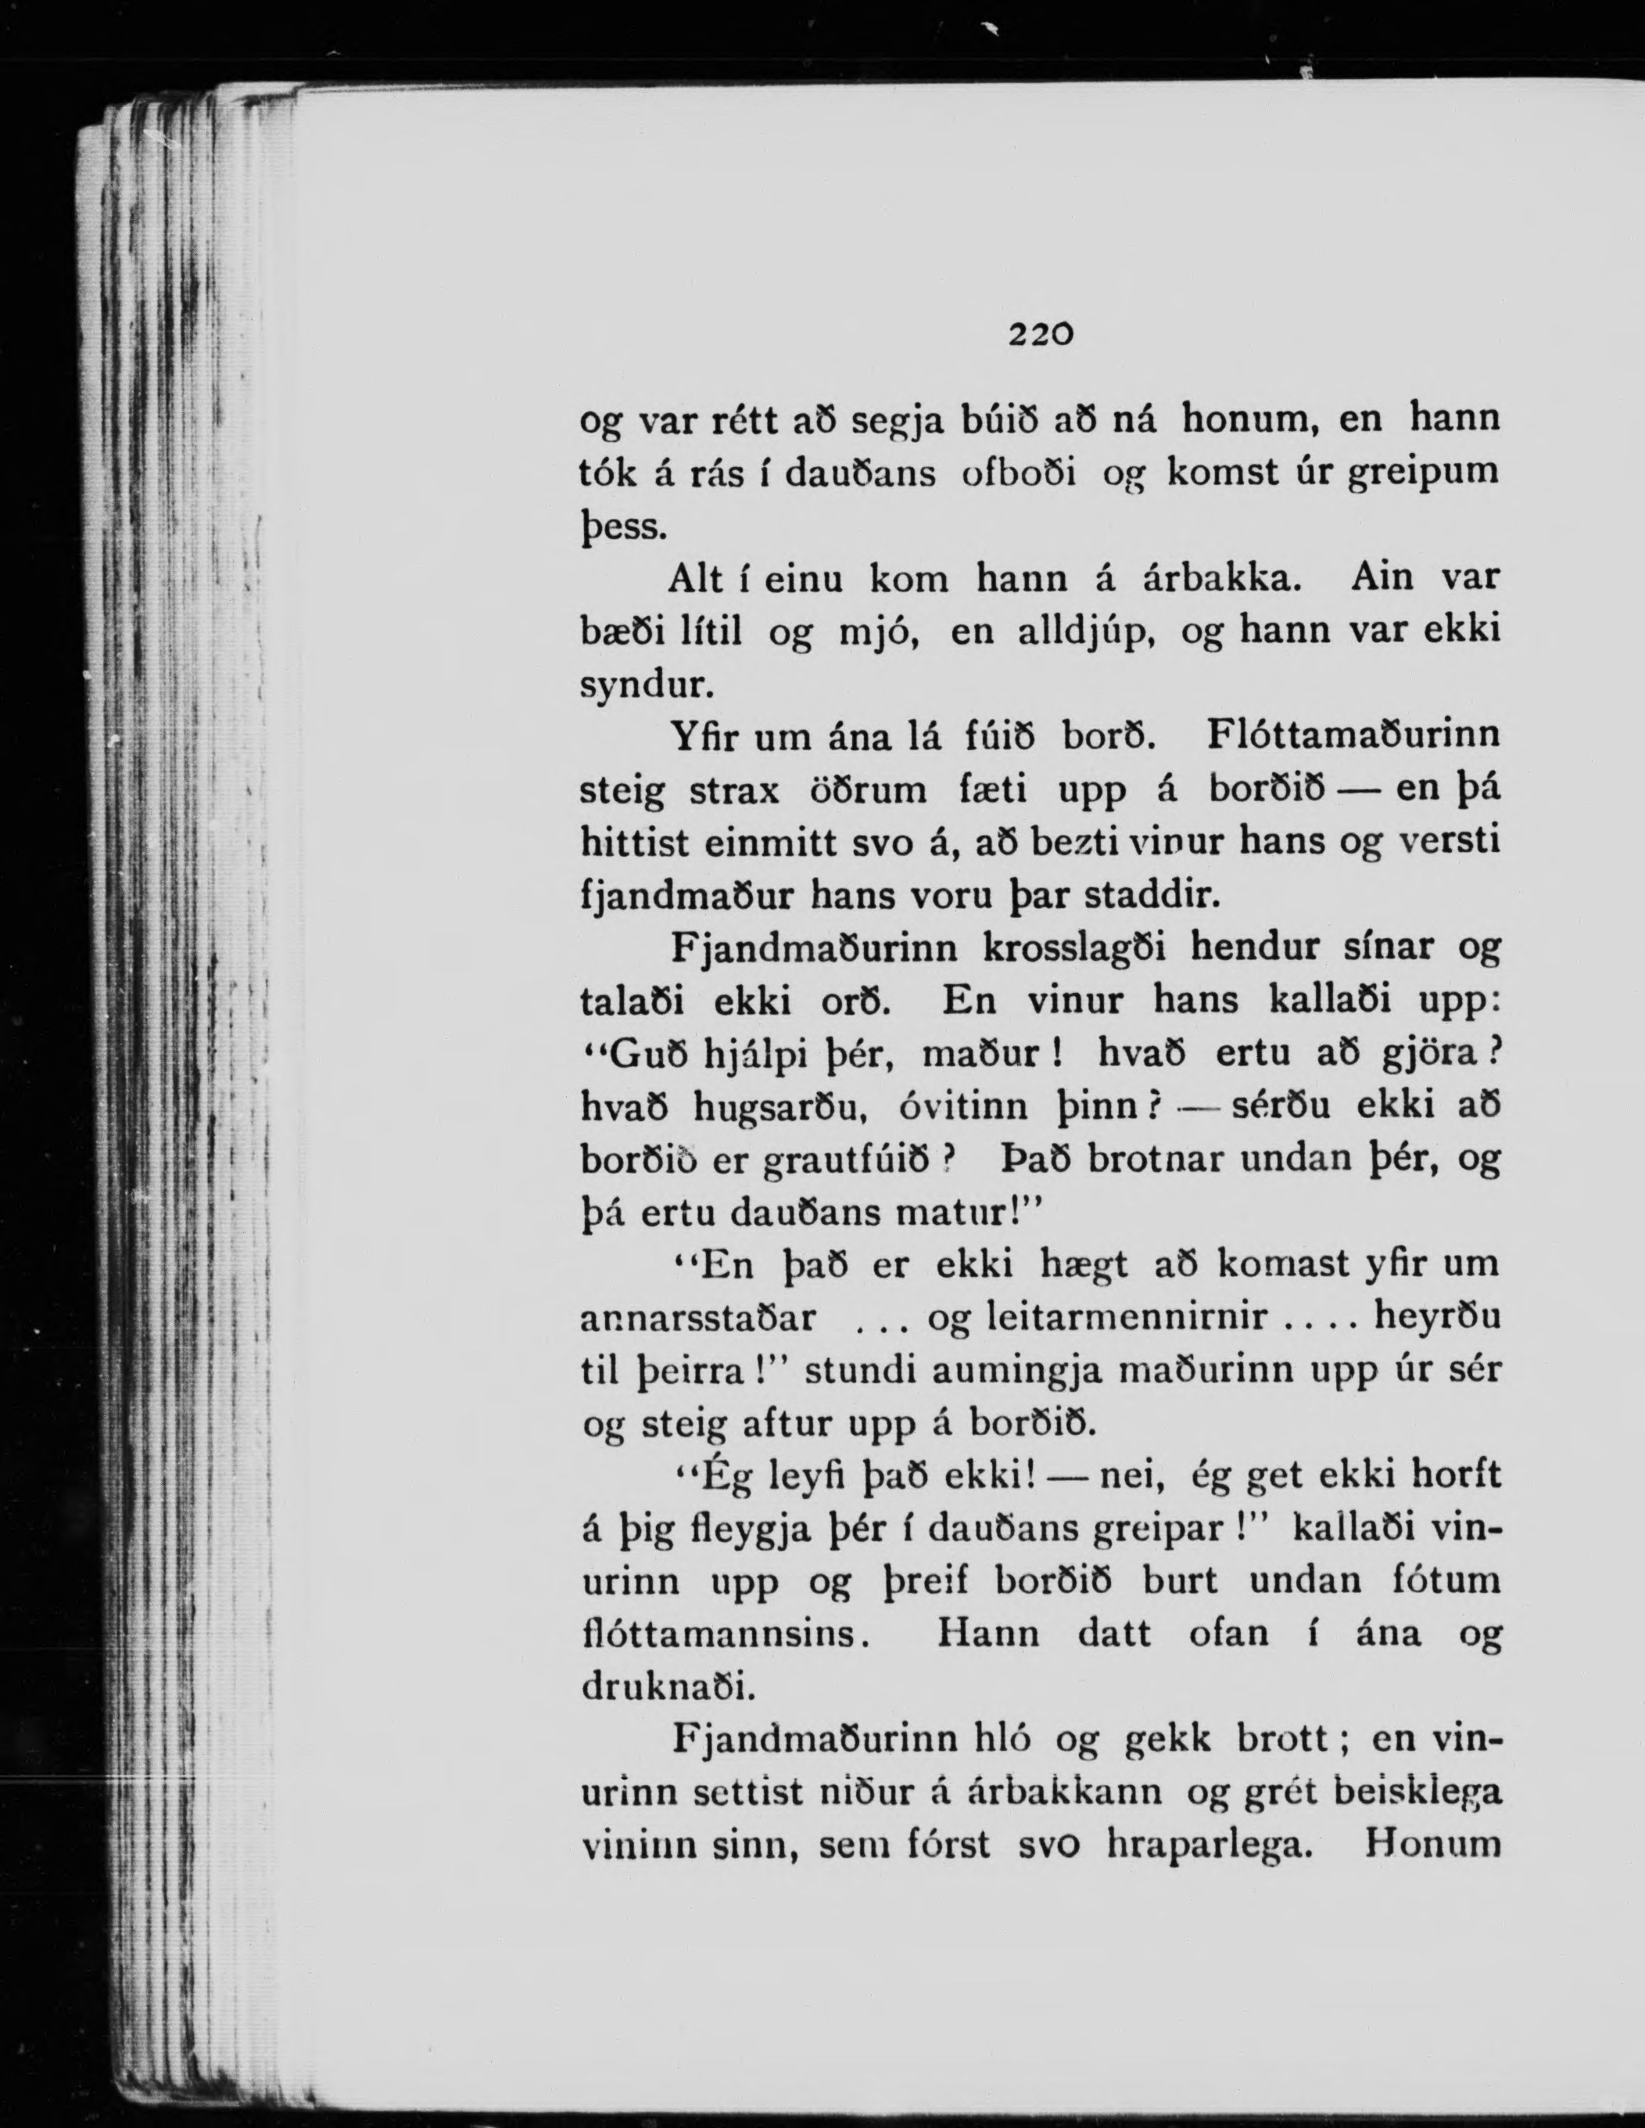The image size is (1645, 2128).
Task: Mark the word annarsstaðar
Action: click(x=697, y=1318)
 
